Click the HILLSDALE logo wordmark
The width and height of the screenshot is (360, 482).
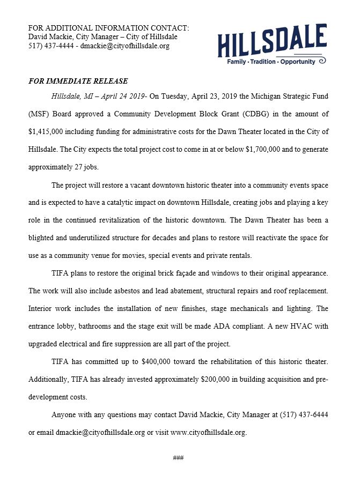click(x=272, y=41)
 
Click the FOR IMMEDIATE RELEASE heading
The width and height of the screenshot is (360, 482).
click(x=78, y=81)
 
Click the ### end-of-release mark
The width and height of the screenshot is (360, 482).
click(x=179, y=457)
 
